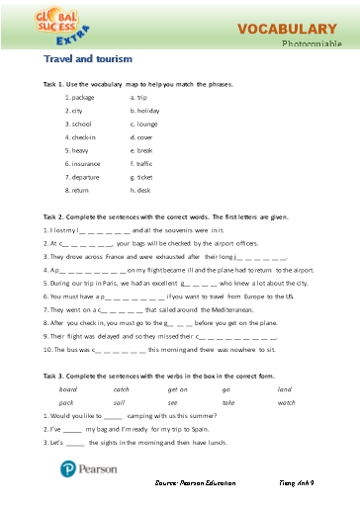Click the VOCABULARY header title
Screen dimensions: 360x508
287,30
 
